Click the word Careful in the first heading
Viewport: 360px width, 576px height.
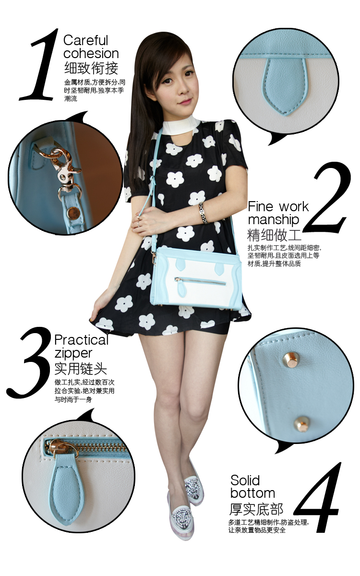click(x=85, y=41)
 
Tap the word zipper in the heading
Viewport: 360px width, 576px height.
click(x=73, y=354)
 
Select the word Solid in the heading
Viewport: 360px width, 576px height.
click(x=245, y=480)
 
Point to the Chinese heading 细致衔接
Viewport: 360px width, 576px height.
click(x=91, y=68)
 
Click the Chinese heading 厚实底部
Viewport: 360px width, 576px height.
click(x=256, y=509)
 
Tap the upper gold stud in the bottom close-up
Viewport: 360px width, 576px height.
click(x=289, y=360)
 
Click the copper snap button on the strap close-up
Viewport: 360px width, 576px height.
click(x=72, y=213)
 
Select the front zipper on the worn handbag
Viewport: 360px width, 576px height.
click(x=200, y=281)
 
